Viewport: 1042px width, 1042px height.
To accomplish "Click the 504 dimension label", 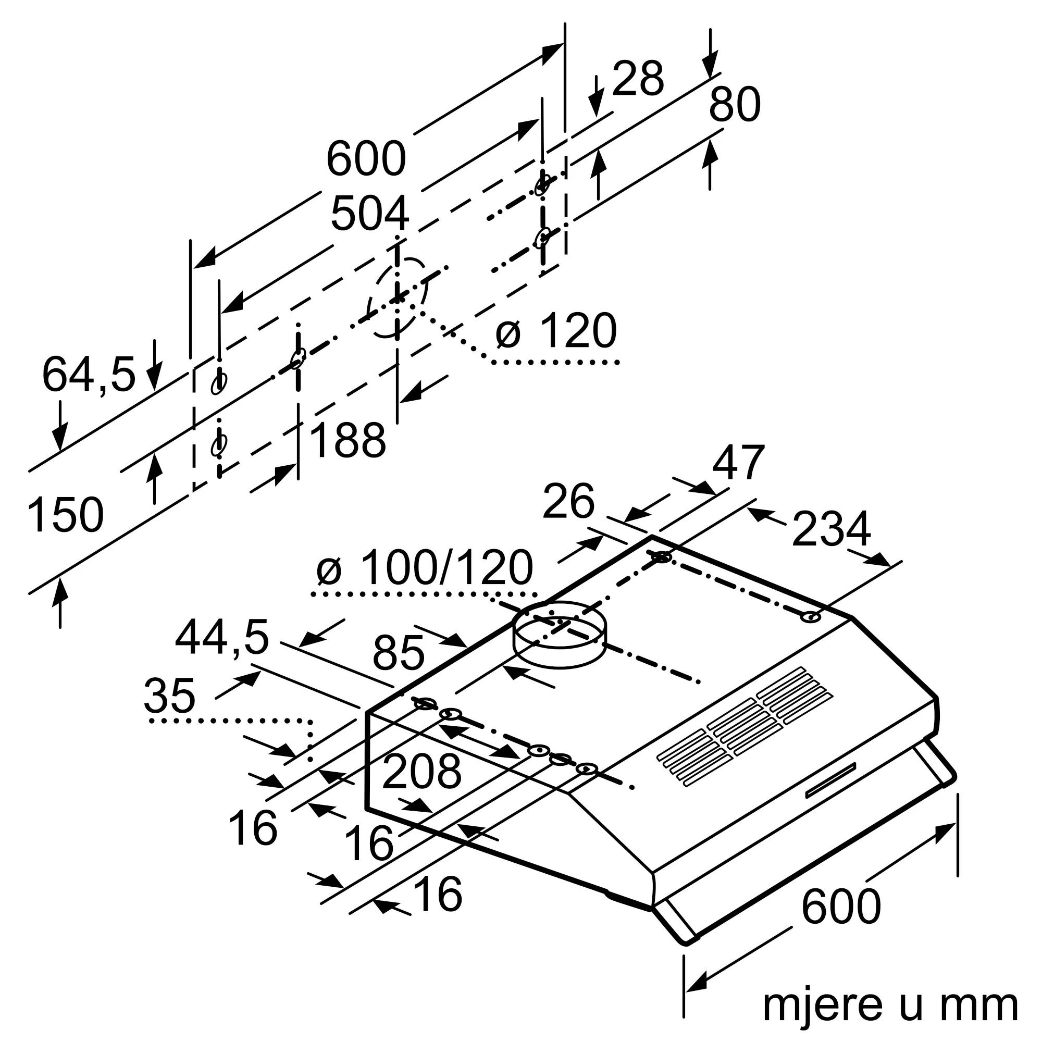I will [369, 214].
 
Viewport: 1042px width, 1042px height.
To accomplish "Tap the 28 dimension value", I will [638, 79].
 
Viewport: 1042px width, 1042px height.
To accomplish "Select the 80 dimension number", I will [734, 105].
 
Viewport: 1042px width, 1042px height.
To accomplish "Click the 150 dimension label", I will [65, 516].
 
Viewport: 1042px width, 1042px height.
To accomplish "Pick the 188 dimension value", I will [348, 441].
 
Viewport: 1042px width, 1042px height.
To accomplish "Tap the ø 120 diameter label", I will [556, 331].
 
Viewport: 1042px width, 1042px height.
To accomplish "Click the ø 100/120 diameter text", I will [425, 568].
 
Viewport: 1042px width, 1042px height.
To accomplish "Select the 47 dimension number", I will [738, 462].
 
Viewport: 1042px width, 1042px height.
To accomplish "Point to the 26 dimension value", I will [568, 502].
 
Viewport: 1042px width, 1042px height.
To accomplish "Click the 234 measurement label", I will [831, 529].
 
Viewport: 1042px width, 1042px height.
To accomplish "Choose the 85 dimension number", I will [398, 653].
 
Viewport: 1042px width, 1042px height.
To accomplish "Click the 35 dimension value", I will [169, 696].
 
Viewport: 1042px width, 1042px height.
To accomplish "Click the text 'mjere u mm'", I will [890, 1004].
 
